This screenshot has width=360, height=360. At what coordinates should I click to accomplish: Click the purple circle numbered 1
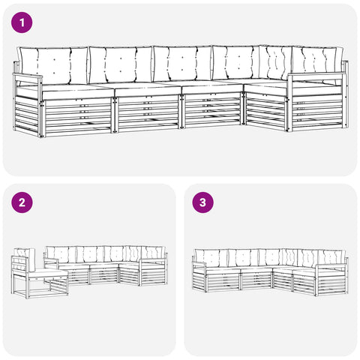point(22,22)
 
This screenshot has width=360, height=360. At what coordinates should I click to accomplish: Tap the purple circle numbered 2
point(22,202)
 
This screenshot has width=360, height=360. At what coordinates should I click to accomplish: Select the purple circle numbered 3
point(202,202)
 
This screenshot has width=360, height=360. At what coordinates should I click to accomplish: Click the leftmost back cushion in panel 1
point(53,66)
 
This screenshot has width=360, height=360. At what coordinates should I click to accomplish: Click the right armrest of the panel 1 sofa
point(317,74)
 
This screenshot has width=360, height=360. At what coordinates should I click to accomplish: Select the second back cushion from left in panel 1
point(121,64)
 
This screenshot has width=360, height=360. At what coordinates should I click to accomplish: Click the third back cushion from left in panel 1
point(182,64)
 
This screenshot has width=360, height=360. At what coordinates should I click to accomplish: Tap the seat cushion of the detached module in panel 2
point(47,272)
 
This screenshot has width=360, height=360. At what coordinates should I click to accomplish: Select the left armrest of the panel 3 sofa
point(199,264)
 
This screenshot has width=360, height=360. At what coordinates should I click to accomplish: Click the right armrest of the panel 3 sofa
point(331,265)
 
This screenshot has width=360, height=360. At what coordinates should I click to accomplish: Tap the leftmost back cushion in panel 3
point(211,258)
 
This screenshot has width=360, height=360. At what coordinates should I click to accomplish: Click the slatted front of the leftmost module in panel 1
point(78,117)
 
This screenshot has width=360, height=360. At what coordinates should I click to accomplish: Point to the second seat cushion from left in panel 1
point(148,90)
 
